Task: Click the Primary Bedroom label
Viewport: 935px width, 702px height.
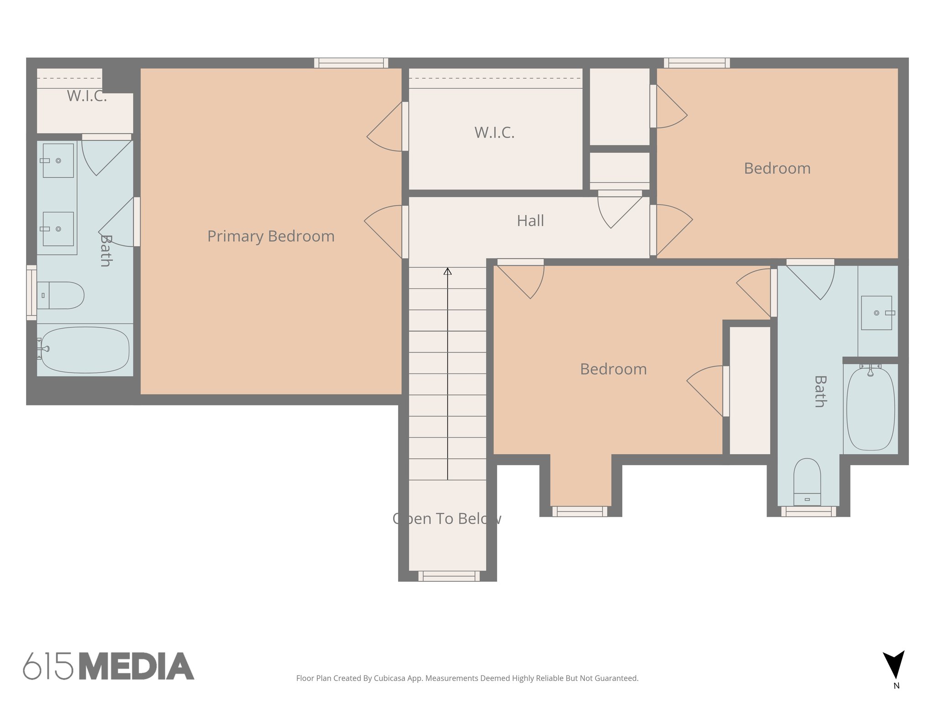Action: tap(271, 236)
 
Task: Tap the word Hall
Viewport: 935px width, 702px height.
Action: tap(530, 221)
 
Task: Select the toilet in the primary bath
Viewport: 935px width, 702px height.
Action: tap(61, 295)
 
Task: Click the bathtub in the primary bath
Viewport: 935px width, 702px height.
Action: tap(85, 350)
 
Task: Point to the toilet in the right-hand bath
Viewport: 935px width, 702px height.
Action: tap(807, 482)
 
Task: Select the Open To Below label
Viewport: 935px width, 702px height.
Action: tap(447, 519)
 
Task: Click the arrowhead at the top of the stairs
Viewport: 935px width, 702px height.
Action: tap(447, 271)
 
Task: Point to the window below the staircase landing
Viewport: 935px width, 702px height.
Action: tap(449, 576)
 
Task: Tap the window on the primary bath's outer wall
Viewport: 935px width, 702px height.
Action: tap(32, 292)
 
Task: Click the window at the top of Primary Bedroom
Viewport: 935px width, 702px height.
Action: tap(351, 63)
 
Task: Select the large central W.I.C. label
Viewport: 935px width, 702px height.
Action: tap(494, 133)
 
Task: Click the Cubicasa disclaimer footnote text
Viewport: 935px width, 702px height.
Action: tap(467, 678)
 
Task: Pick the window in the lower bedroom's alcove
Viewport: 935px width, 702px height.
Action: tap(580, 511)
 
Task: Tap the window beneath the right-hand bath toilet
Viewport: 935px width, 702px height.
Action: tap(808, 511)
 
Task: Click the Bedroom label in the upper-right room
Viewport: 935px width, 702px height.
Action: tap(777, 169)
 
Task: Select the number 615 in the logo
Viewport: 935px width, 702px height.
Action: tap(48, 666)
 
